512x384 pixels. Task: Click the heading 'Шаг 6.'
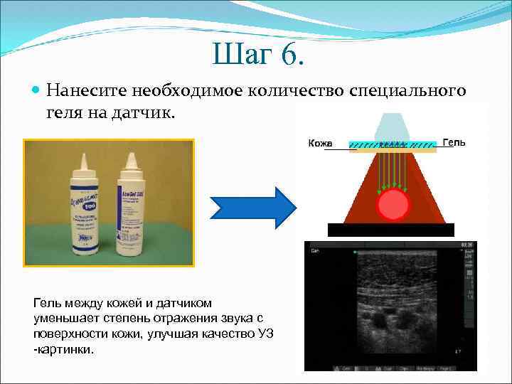click(257, 53)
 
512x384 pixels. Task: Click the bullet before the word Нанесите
click(37, 92)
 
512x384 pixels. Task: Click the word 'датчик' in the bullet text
click(140, 113)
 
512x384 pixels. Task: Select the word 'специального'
click(407, 91)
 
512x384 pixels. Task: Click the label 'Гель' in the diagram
click(454, 142)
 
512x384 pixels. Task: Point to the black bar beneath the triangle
click(390, 230)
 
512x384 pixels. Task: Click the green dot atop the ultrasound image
click(355, 251)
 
